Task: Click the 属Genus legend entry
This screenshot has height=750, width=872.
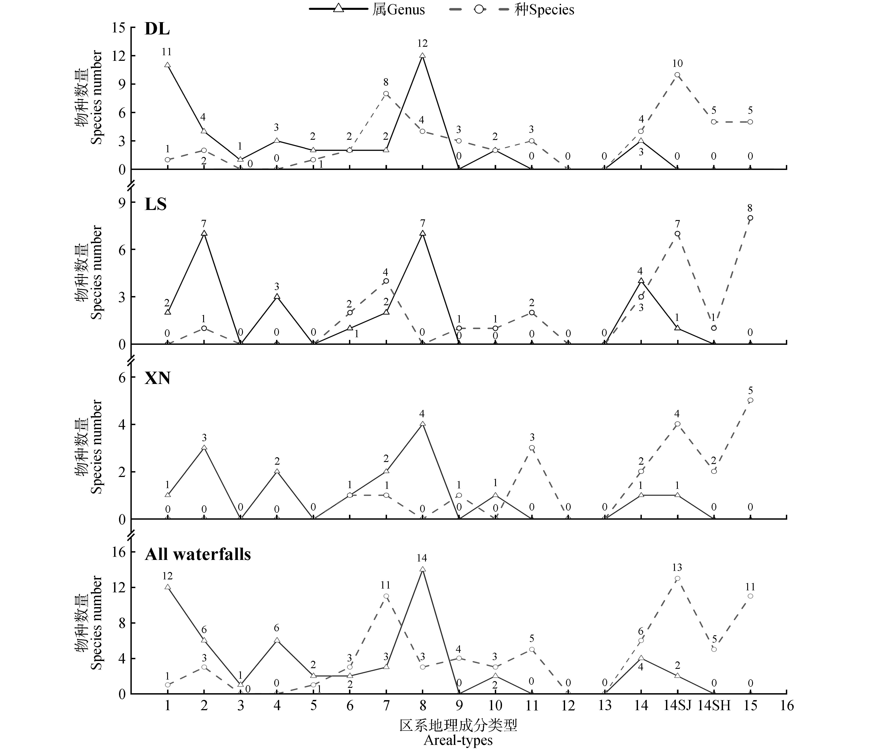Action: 367,9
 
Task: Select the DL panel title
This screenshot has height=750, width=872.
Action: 157,29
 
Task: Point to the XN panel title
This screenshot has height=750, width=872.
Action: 157,378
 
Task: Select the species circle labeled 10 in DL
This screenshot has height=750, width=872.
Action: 677,75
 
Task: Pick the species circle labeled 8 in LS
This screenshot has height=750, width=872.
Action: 750,218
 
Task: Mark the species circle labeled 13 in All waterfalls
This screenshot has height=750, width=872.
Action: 677,578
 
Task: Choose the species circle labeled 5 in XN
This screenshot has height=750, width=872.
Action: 750,400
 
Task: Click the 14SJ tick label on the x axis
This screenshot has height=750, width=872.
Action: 677,706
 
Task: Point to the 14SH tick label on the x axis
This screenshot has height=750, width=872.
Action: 714,706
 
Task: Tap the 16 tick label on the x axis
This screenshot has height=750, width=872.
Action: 787,706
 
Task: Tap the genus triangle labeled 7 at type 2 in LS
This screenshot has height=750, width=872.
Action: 204,233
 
